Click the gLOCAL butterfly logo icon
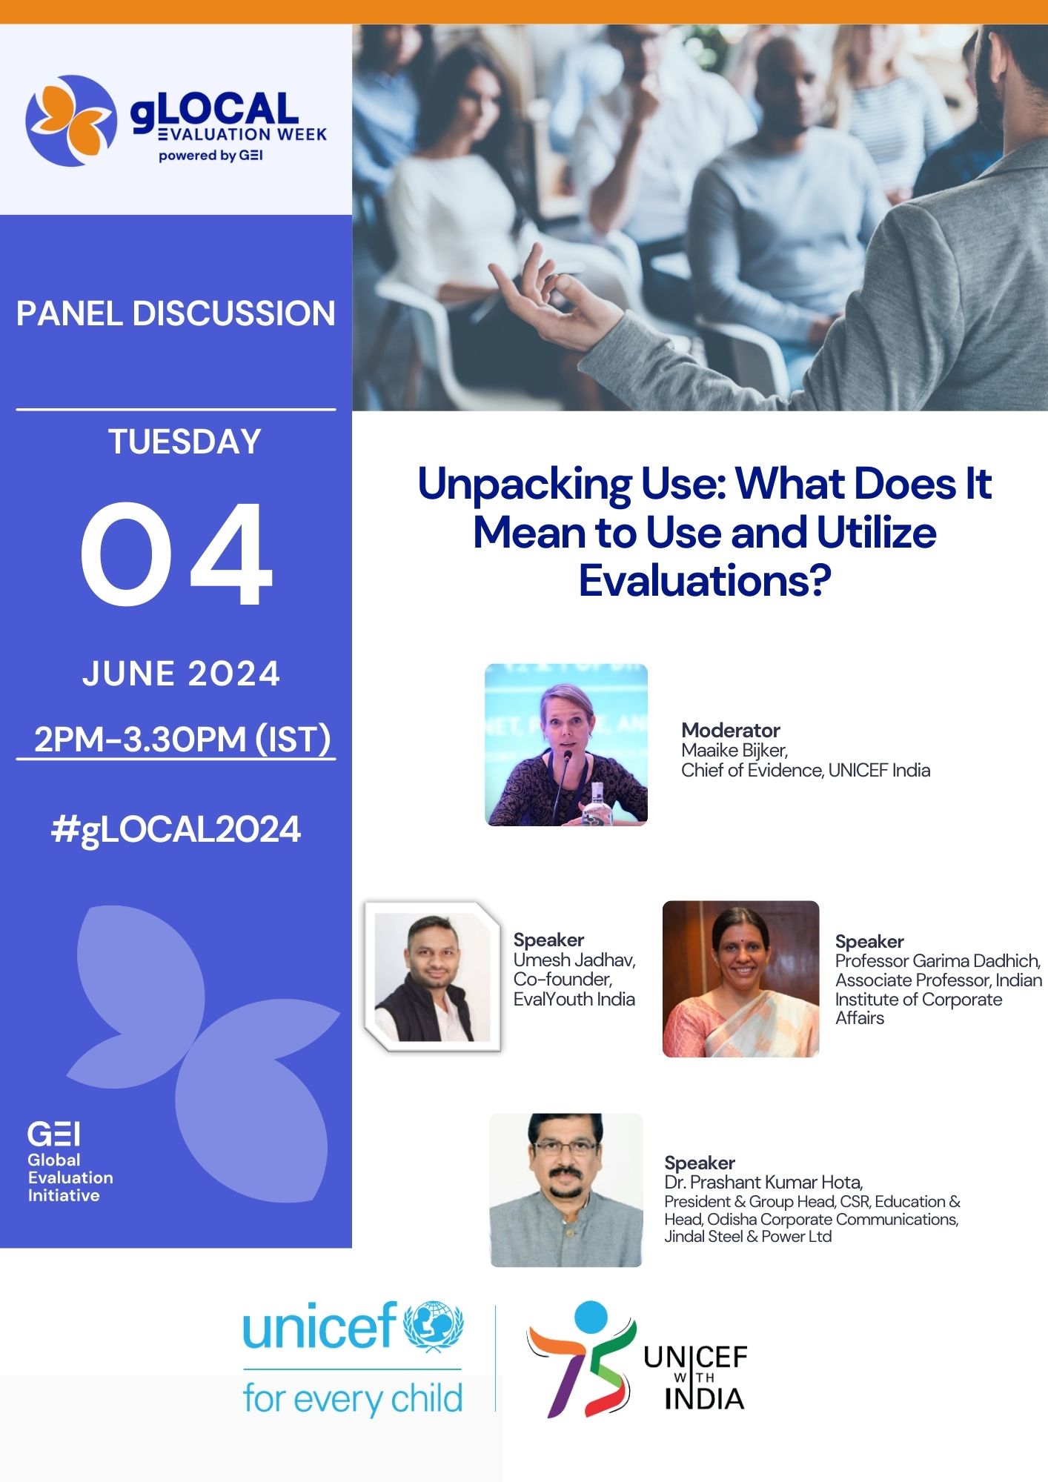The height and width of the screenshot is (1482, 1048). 71,121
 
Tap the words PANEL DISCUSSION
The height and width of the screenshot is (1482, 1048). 176,313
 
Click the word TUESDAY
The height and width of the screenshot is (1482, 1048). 185,442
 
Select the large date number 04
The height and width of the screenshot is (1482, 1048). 176,554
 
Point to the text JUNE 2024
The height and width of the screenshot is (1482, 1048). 181,674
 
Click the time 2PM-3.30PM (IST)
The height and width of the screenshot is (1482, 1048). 182,739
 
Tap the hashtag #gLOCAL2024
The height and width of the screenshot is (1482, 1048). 176,829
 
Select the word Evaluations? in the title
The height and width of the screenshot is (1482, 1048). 705,580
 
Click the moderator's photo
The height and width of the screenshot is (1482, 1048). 566,745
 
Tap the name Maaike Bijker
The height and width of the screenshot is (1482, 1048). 734,751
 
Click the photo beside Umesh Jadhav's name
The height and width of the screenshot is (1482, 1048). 432,977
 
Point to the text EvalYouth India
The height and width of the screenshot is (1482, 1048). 574,999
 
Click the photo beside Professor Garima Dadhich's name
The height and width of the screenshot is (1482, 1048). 740,979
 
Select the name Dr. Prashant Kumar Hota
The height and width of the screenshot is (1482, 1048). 763,1182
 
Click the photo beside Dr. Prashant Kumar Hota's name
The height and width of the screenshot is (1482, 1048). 566,1190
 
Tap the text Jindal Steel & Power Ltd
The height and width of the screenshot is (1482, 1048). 748,1236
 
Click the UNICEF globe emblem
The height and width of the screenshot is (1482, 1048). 434,1326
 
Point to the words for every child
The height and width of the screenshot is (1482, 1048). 353,1399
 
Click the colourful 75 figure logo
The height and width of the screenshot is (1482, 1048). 582,1360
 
